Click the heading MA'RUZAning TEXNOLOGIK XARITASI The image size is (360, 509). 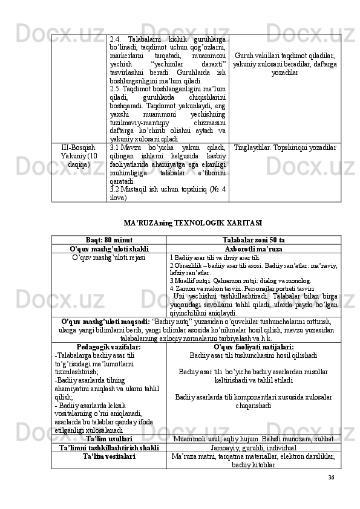[x=192, y=222]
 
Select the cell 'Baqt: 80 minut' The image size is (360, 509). [x=110, y=240]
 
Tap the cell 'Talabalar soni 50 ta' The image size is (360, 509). [x=254, y=240]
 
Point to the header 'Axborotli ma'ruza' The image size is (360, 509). [x=254, y=249]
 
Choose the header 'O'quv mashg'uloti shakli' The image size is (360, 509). [x=110, y=249]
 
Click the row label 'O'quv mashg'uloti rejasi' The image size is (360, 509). [x=110, y=258]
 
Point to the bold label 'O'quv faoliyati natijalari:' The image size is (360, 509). [x=254, y=347]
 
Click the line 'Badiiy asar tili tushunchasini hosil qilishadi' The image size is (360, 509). [x=254, y=356]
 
